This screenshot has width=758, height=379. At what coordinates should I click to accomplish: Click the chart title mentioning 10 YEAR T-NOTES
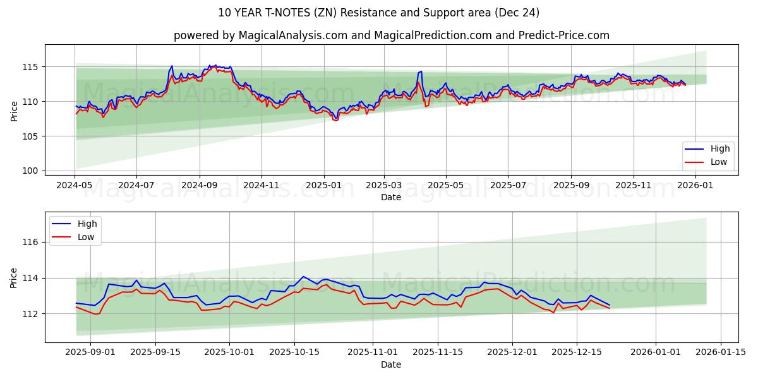coord(378,13)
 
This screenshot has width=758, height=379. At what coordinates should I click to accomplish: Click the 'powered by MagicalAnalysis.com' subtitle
coord(391,35)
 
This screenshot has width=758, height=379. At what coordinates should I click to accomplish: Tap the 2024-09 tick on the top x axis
coord(200,185)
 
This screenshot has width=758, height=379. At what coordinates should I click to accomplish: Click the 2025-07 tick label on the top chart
coord(508,185)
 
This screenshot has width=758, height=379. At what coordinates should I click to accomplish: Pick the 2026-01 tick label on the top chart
coord(695,185)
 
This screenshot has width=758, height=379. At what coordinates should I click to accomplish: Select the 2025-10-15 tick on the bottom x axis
coord(294,352)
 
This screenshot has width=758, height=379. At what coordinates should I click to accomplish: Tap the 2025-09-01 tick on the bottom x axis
coord(90,352)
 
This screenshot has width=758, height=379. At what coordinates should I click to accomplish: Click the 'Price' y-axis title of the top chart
coord(15,111)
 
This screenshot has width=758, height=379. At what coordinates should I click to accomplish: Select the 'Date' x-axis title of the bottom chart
coord(391,364)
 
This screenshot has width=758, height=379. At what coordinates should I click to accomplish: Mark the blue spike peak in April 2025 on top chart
coord(421,71)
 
